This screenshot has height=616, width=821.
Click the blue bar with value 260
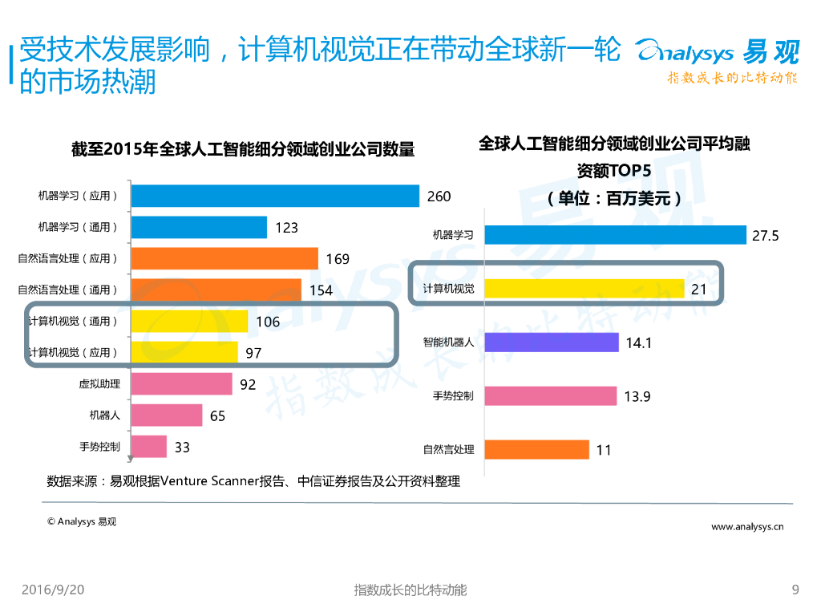point(274,196)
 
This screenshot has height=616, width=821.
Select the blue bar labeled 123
point(198,227)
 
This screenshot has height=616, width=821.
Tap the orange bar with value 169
point(224,258)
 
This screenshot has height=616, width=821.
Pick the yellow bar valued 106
point(188,321)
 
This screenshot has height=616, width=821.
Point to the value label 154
point(321,290)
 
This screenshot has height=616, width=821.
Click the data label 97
point(253,353)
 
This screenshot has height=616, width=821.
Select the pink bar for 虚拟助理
point(180,384)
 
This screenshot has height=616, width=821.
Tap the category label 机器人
point(104,415)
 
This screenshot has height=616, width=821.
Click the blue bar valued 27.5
point(616,235)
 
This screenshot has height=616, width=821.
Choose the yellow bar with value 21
point(584,289)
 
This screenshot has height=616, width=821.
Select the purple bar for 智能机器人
point(552,342)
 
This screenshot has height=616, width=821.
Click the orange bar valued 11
point(536,449)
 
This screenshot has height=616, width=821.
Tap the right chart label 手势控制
point(453,396)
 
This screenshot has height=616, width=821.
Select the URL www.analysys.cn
point(747,527)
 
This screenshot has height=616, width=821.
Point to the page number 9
point(795,590)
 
